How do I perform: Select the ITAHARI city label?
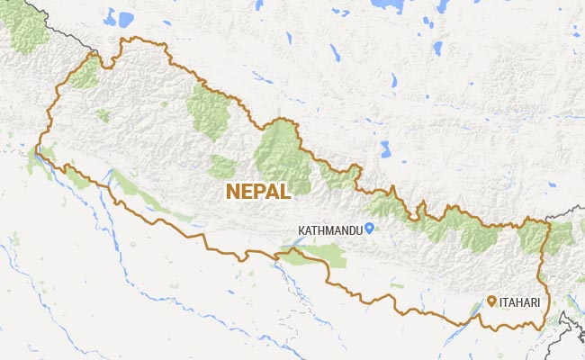(521, 302)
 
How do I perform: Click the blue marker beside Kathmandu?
(369, 230)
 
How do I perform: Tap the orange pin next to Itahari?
(491, 301)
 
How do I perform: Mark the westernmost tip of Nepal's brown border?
(36, 149)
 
